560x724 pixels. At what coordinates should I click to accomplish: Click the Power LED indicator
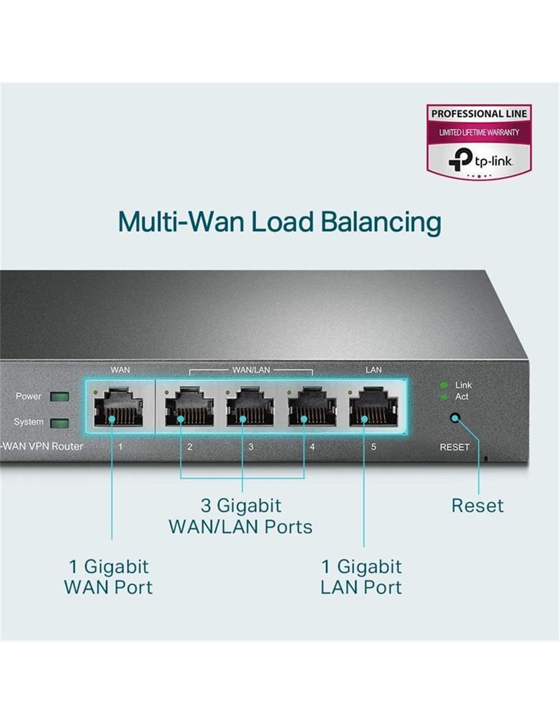60,397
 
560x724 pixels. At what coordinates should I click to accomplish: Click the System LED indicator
60,423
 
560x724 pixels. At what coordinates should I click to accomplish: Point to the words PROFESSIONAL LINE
479,114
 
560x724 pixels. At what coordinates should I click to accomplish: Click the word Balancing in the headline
380,222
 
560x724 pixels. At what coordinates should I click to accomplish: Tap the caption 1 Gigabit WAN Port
108,577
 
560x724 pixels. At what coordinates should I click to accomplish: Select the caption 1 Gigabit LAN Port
361,577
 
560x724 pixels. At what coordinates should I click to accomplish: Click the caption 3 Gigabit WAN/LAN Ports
240,516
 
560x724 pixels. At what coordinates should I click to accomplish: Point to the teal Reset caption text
477,506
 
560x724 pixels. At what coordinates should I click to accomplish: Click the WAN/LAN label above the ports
251,370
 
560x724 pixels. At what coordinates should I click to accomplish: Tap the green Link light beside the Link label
444,385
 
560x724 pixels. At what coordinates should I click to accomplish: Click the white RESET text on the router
454,447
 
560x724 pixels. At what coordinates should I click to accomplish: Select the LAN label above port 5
373,370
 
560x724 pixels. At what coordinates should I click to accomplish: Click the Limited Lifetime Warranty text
479,132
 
